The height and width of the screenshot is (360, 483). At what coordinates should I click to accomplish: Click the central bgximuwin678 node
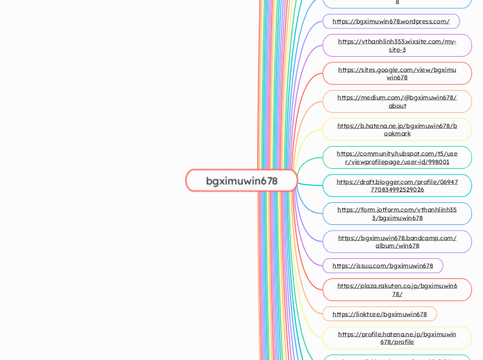[241, 181]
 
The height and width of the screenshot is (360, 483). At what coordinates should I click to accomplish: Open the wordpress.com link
[391, 21]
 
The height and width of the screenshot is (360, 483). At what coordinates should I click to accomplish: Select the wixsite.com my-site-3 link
[397, 46]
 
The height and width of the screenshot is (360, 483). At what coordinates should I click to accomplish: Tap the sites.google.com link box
[397, 73]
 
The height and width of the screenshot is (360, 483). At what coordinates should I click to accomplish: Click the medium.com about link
[397, 101]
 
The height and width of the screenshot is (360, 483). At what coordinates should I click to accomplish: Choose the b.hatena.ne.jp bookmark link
[397, 129]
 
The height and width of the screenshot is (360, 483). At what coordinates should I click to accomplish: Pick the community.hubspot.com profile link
[397, 157]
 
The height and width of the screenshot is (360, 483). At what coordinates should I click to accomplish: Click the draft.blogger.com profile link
[397, 186]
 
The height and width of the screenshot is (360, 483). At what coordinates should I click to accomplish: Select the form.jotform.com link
[397, 213]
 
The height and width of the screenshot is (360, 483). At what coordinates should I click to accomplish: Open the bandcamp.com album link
[397, 242]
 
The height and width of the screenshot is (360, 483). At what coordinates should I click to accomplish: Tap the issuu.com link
[383, 266]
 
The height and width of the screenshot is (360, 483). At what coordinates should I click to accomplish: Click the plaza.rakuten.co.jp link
[397, 289]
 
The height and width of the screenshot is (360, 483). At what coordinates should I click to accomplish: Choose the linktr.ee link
[380, 314]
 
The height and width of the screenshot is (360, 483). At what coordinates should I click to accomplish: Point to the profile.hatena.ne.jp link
[397, 338]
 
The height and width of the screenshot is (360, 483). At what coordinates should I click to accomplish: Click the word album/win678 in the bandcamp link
[397, 246]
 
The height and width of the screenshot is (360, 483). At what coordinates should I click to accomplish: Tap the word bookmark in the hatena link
[397, 134]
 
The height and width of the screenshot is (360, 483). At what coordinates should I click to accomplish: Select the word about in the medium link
[397, 106]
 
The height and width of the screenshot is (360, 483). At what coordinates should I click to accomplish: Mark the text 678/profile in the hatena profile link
[397, 342]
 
